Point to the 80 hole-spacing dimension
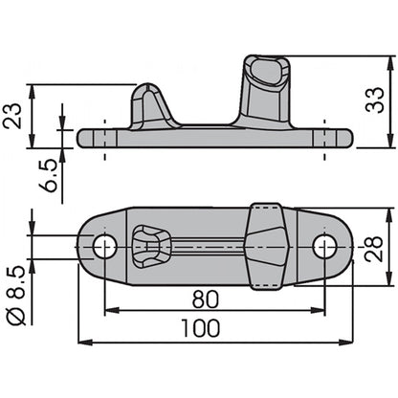pyautogui.click(x=211, y=298)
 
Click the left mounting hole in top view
pyautogui.click(x=105, y=247)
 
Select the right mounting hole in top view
pyautogui.click(x=324, y=247)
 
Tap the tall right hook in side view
pyautogui.click(x=268, y=91)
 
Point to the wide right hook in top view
pyautogui.click(x=267, y=245)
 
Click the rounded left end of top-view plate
pyautogui.click(x=85, y=247)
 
